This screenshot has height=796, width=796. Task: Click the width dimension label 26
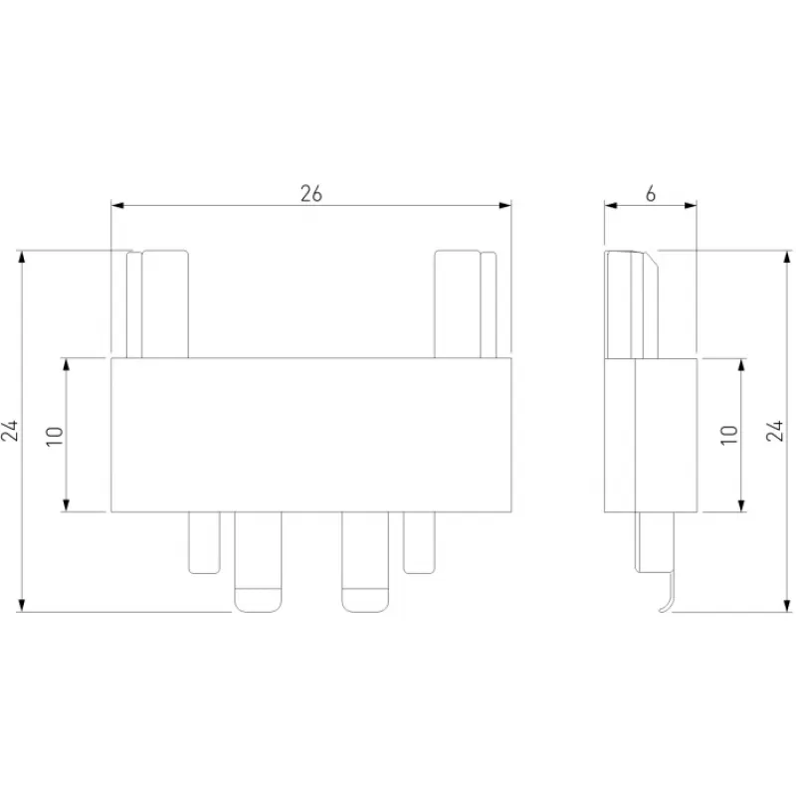(311, 193)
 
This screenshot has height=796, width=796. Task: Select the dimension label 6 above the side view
(651, 193)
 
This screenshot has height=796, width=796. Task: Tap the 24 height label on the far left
(10, 431)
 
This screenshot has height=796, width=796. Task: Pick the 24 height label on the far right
(775, 431)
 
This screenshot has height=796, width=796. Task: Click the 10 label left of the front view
(55, 436)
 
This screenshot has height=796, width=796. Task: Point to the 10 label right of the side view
(729, 435)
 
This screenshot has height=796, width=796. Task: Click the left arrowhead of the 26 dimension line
(117, 205)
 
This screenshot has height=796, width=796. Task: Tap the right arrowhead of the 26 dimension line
(505, 205)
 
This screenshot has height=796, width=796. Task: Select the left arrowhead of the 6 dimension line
(611, 205)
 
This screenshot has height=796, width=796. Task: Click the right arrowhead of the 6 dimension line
(691, 205)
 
